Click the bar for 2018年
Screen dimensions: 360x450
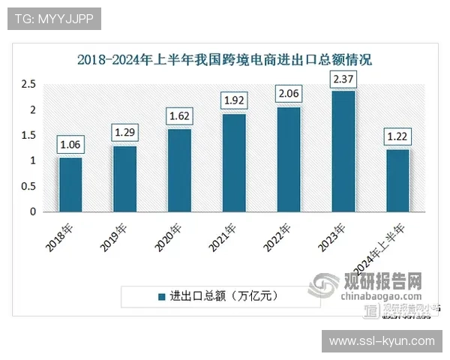[x=70, y=184]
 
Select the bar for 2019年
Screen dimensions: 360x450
[x=124, y=178]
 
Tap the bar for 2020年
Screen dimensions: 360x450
[x=179, y=170]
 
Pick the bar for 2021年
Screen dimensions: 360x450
[x=233, y=163]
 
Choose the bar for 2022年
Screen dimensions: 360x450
[x=288, y=159]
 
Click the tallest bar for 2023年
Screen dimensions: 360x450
[x=343, y=151]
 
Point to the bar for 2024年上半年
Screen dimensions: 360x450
[x=397, y=181]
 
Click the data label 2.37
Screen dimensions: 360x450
[x=343, y=79]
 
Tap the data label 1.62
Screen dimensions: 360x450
[x=179, y=118]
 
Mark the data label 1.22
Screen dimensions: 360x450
[x=397, y=138]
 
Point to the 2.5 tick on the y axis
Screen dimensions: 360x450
[x=28, y=85]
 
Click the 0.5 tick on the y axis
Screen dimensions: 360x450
[x=28, y=186]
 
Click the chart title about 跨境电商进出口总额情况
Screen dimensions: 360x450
[x=224, y=59]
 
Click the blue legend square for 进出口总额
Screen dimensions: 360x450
[x=161, y=296]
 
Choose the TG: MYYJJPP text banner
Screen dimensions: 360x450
[x=53, y=18]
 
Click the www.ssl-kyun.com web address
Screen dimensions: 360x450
[x=382, y=341]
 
